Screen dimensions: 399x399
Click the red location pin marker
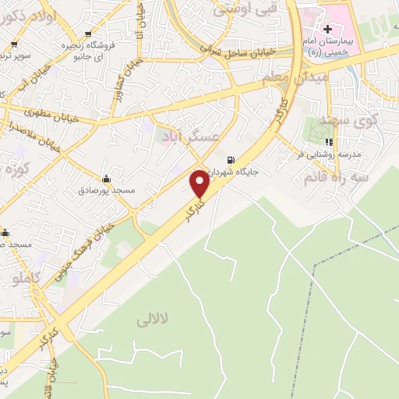(199, 183)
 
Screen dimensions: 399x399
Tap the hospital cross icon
(327, 29)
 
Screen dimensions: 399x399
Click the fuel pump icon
(227, 161)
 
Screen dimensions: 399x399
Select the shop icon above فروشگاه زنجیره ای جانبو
(87, 34)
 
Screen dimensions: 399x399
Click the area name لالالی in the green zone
(152, 320)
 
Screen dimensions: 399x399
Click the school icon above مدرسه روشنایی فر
(329, 143)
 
